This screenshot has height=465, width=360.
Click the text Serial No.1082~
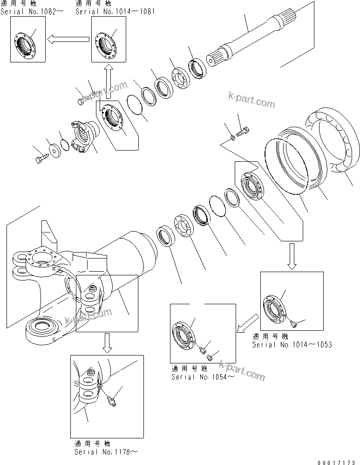(32, 11)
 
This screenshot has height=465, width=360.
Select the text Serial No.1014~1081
(115, 11)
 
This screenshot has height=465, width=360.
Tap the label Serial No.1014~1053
(292, 345)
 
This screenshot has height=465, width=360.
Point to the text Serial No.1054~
(203, 376)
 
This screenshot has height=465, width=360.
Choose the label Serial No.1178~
(106, 451)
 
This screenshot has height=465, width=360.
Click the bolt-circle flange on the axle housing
(43, 259)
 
